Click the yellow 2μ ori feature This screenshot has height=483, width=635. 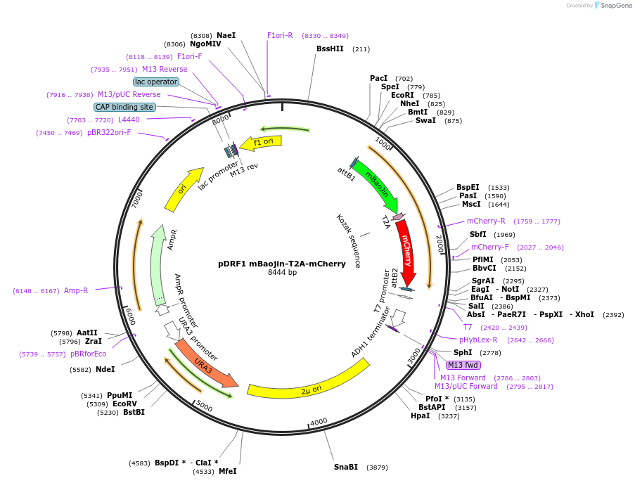[309, 387]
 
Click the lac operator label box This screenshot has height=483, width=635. [156, 82]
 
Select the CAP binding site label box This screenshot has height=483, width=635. [124, 108]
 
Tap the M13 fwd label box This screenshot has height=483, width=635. [463, 365]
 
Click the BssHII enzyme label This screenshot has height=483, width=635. [330, 49]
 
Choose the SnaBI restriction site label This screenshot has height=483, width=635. [346, 467]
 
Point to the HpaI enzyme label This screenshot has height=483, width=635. [420, 416]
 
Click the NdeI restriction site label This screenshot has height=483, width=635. [105, 369]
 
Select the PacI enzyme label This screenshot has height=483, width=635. [379, 78]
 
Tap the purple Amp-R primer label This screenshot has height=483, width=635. [76, 290]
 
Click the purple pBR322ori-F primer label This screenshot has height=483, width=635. [109, 132]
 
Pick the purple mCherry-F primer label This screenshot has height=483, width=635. [490, 247]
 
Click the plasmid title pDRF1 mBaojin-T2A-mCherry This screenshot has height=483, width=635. [282, 264]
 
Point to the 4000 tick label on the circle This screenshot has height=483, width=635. [319, 422]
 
